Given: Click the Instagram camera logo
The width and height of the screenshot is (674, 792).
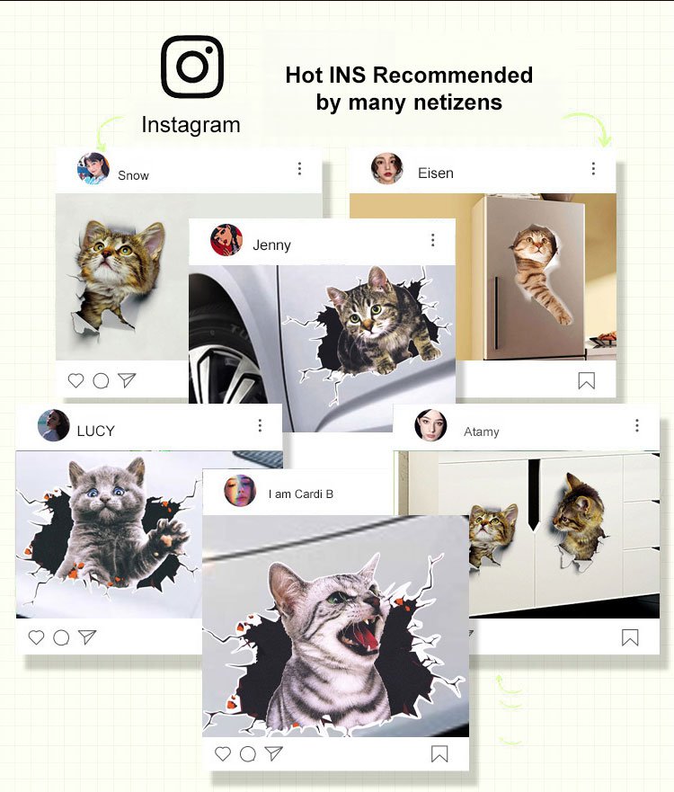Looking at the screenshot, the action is pyautogui.click(x=192, y=67).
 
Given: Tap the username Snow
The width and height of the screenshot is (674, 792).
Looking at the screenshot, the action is pyautogui.click(x=133, y=175).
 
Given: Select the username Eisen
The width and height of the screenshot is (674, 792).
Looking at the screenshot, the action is pyautogui.click(x=436, y=174).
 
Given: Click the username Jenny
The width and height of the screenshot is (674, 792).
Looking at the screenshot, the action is pyautogui.click(x=271, y=245).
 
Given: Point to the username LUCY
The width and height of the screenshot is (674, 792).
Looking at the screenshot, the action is pyautogui.click(x=96, y=431).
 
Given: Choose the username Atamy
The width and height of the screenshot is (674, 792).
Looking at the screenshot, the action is pyautogui.click(x=482, y=432).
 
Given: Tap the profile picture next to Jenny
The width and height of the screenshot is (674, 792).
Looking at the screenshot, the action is pyautogui.click(x=226, y=240).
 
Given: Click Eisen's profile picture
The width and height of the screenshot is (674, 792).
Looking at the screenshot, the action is pyautogui.click(x=387, y=169).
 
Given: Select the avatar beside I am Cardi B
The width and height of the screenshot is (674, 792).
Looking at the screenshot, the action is pyautogui.click(x=240, y=491).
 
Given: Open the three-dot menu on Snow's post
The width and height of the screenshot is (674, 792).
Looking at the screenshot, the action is pyautogui.click(x=299, y=168).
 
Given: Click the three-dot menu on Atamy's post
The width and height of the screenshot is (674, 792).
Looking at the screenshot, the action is pyautogui.click(x=637, y=425).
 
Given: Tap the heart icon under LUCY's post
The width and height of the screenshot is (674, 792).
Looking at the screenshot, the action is pyautogui.click(x=36, y=637).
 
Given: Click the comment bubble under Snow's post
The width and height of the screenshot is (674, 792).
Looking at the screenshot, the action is pyautogui.click(x=101, y=380).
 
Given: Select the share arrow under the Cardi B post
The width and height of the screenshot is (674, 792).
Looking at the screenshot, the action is pyautogui.click(x=273, y=753).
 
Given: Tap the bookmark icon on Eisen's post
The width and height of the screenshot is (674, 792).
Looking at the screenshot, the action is pyautogui.click(x=587, y=381).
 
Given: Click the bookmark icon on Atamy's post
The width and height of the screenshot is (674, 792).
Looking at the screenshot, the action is pyautogui.click(x=630, y=637).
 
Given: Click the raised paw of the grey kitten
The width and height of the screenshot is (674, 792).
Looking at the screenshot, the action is pyautogui.click(x=171, y=535).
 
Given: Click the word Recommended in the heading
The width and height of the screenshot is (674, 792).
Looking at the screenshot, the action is pyautogui.click(x=453, y=75).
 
